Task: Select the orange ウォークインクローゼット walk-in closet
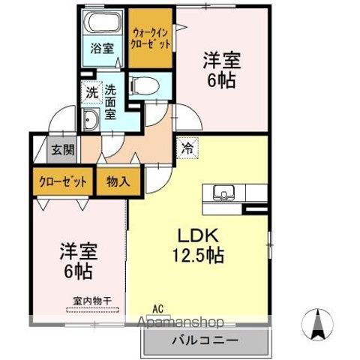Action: tap(151, 39)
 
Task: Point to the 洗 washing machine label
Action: tap(90, 94)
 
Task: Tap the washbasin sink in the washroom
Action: tap(92, 119)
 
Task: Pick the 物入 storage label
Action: tap(118, 181)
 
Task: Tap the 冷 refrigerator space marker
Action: tap(187, 148)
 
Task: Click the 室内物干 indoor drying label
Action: tap(93, 301)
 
